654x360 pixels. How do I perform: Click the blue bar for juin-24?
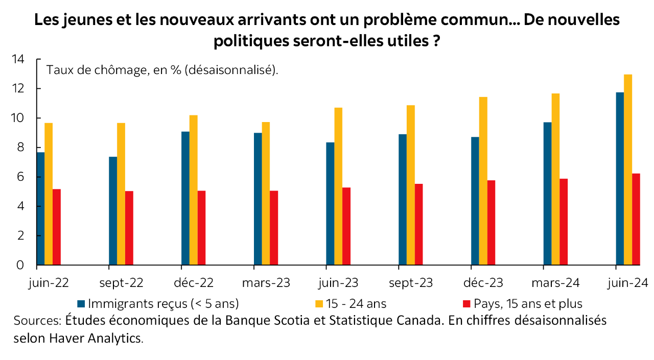coord(620,179)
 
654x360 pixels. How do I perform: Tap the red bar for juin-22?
coord(57,227)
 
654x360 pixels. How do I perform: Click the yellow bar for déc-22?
coord(193,190)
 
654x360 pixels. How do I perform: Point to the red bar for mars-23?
coord(274,228)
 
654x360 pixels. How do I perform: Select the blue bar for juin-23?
coord(330,204)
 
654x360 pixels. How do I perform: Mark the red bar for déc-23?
coord(491,223)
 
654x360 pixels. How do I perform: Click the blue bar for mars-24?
coord(547,194)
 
